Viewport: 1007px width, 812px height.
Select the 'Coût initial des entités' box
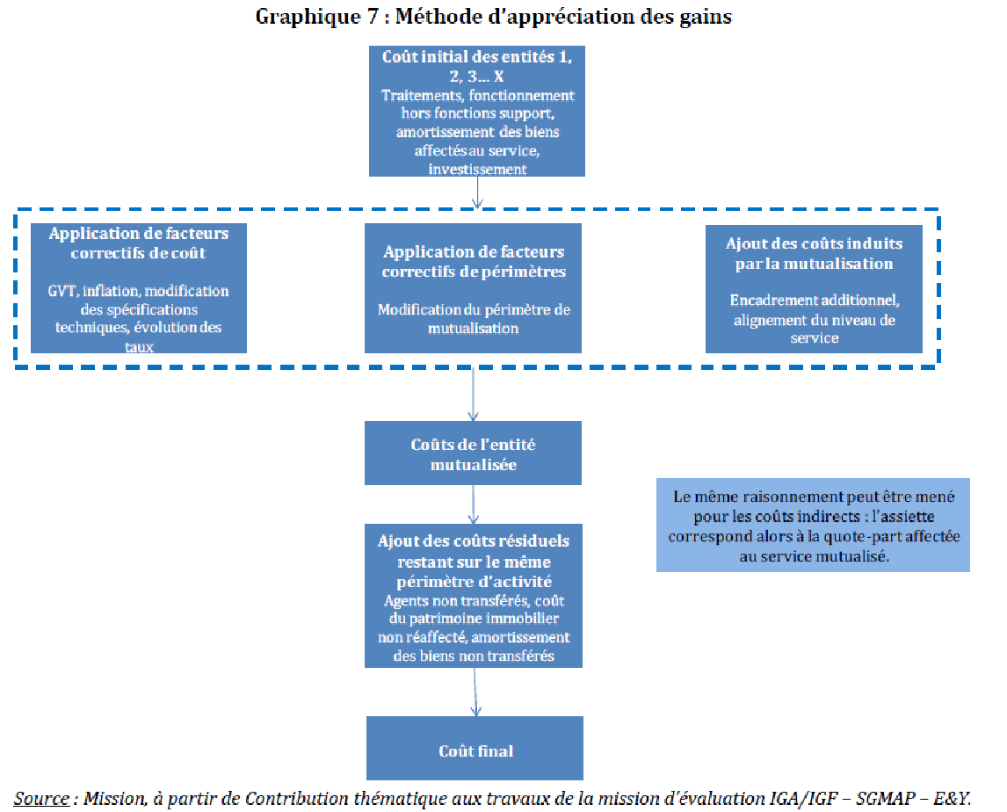(477, 112)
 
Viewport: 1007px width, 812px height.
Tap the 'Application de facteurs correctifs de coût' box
(139, 288)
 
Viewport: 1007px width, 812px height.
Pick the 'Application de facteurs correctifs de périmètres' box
(474, 288)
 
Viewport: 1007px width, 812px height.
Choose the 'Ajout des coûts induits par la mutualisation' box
(814, 288)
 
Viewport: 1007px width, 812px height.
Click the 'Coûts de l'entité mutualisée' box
(473, 454)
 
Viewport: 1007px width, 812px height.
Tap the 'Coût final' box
(475, 749)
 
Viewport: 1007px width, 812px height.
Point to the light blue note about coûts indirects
(813, 526)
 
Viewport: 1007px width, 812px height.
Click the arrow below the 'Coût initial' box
(477, 192)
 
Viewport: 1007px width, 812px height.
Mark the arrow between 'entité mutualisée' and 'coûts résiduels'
(475, 504)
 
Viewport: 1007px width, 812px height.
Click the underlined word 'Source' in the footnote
(41, 799)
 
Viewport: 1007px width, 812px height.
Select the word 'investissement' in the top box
(477, 169)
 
